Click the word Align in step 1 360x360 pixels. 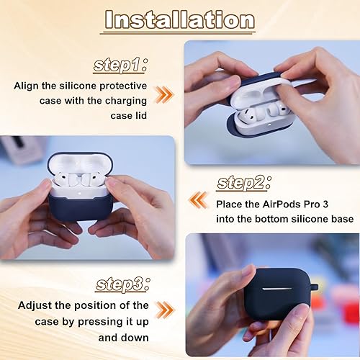(x=30, y=85)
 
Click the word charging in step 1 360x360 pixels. (x=127, y=101)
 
